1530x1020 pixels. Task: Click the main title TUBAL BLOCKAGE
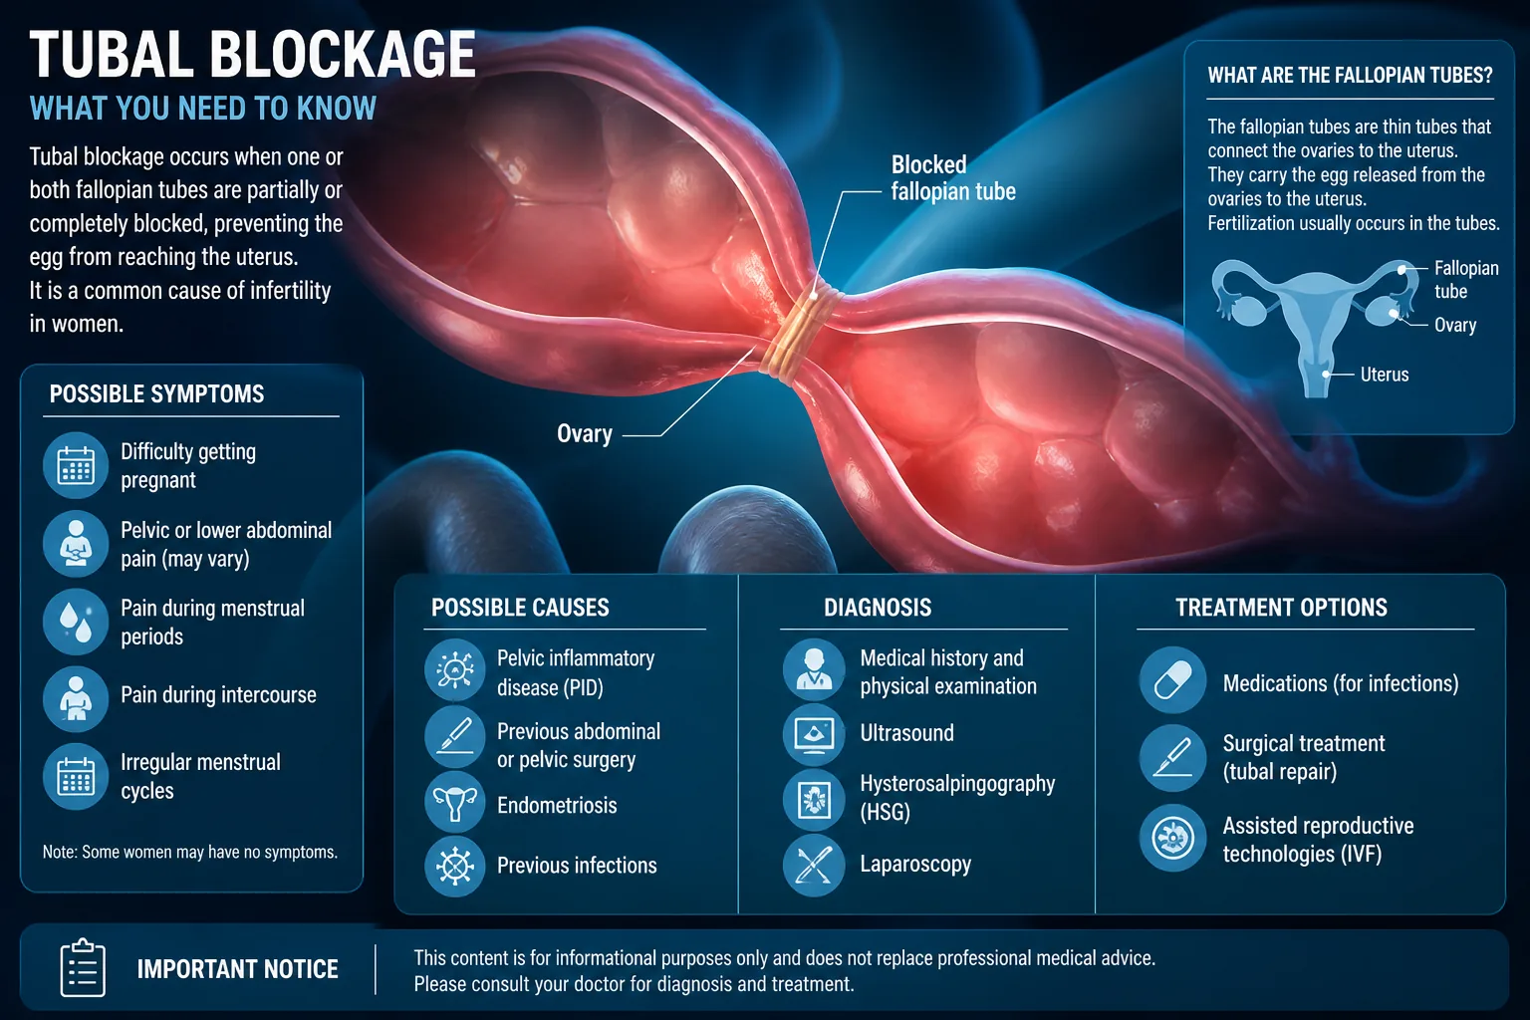pyautogui.click(x=252, y=54)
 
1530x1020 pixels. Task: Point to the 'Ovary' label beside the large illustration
pyautogui.click(x=584, y=433)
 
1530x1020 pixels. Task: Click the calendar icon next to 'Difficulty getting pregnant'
pyautogui.click(x=76, y=465)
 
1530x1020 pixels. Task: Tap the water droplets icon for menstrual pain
pyautogui.click(x=76, y=621)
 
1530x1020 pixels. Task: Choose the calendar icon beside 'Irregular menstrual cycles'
pyautogui.click(x=76, y=776)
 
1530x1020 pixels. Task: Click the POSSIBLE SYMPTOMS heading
pyautogui.click(x=156, y=394)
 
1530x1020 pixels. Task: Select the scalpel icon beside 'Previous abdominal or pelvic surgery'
pyautogui.click(x=455, y=736)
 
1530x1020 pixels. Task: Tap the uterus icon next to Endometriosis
pyautogui.click(x=455, y=802)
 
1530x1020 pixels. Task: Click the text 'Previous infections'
pyautogui.click(x=577, y=865)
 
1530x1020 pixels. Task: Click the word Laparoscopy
pyautogui.click(x=915, y=865)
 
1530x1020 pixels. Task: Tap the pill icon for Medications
pyautogui.click(x=1172, y=680)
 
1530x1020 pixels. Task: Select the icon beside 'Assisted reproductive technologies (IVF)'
pyautogui.click(x=1172, y=838)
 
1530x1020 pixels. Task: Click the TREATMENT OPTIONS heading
pyautogui.click(x=1281, y=608)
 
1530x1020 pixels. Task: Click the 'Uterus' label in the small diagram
pyautogui.click(x=1385, y=375)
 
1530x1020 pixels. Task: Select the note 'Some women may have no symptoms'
pyautogui.click(x=190, y=852)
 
